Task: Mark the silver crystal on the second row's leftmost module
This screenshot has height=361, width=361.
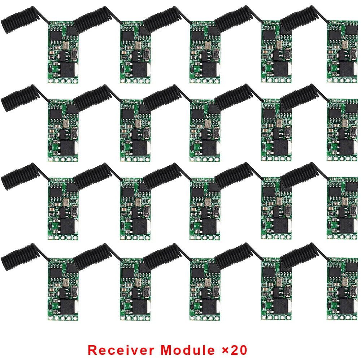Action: pos(66,123)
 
